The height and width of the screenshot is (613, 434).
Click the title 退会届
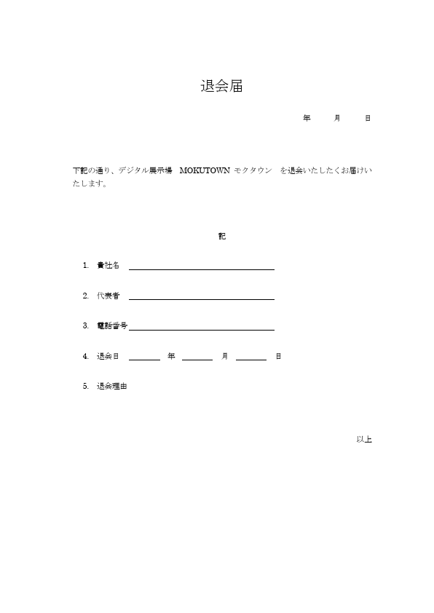click(x=221, y=86)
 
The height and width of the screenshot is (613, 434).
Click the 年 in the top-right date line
click(x=307, y=117)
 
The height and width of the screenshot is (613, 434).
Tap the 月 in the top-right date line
click(x=337, y=117)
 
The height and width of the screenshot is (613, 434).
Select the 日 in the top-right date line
click(x=368, y=117)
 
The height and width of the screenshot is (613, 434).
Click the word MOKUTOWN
click(x=205, y=170)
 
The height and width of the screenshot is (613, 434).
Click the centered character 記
click(x=222, y=237)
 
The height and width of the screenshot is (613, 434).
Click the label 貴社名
click(x=108, y=265)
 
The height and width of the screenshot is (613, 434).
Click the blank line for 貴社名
click(x=202, y=268)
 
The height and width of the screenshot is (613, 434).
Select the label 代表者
click(x=108, y=296)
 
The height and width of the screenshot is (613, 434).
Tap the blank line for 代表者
click(x=202, y=298)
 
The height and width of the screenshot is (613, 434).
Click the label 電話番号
click(x=112, y=325)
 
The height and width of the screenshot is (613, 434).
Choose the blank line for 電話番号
click(x=202, y=329)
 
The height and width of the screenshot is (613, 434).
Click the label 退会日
click(x=108, y=356)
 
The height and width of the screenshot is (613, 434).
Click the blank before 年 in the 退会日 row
click(x=145, y=358)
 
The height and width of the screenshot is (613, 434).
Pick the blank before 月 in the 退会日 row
click(x=197, y=358)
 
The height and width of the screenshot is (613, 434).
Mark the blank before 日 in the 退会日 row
click(x=251, y=358)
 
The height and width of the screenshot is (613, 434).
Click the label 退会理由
click(x=112, y=387)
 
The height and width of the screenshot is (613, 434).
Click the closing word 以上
click(x=364, y=439)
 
